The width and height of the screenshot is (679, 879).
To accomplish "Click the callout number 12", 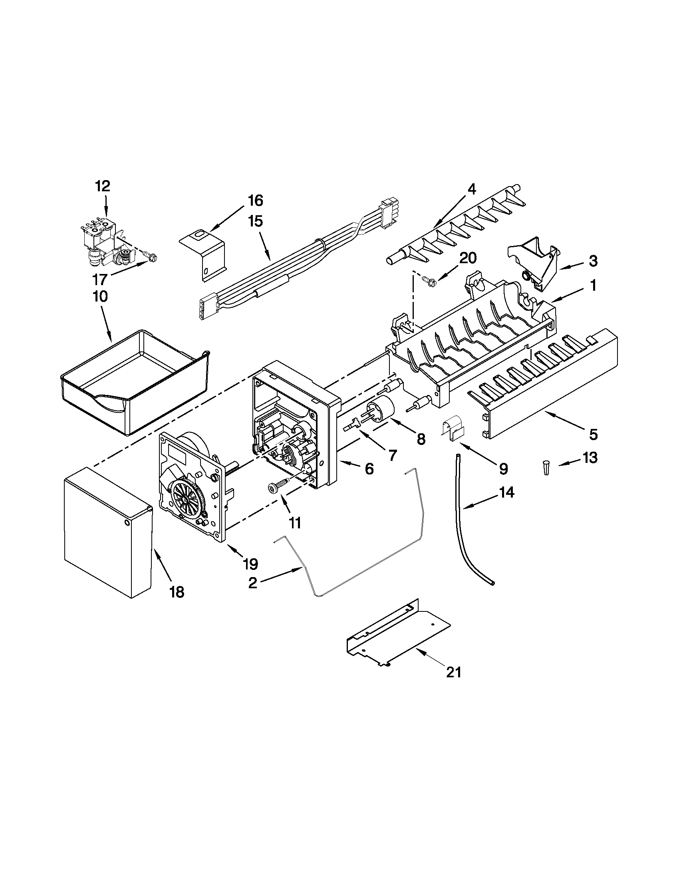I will (x=103, y=187).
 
